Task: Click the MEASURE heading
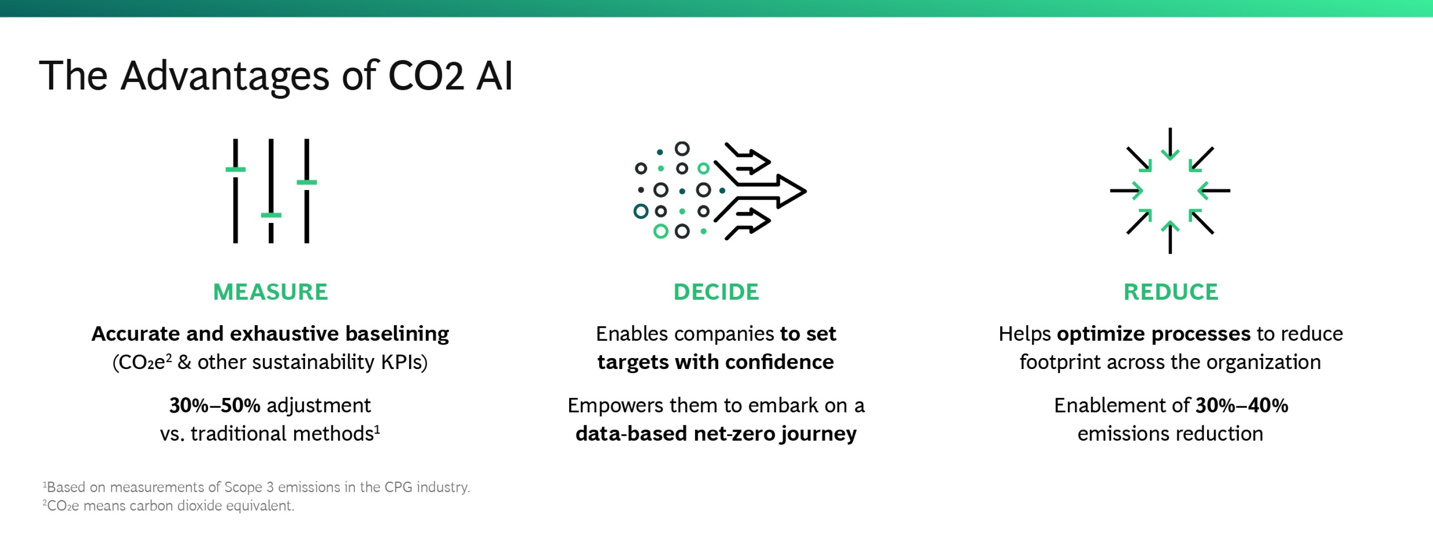pos(270,292)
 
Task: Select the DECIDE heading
pos(716,292)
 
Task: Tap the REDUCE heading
pos(1170,292)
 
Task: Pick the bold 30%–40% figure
pos(1241,405)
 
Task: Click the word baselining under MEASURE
pos(397,334)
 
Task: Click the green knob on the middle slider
pos(271,215)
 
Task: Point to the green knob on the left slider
pos(235,169)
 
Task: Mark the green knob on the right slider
pos(307,183)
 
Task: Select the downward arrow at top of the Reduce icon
pos(1170,144)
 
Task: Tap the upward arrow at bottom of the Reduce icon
pos(1170,237)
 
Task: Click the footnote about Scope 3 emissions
pos(256,487)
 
